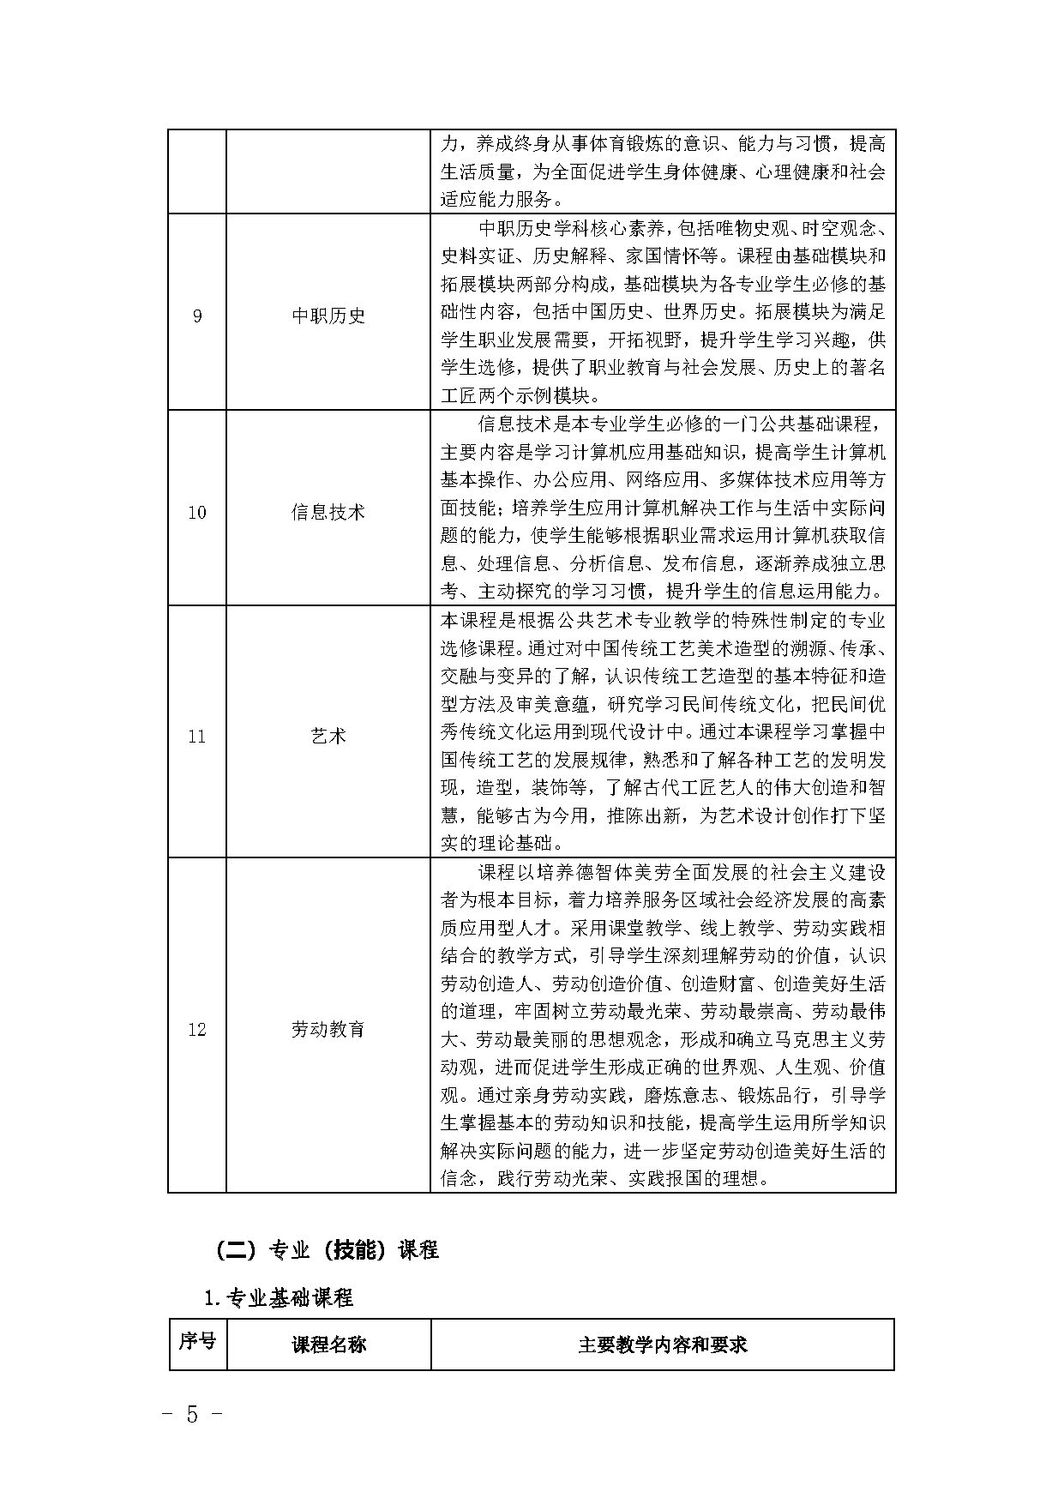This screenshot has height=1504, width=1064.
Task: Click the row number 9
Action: coord(197,316)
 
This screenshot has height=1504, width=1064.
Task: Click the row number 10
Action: coord(197,513)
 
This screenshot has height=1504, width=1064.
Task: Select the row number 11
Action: coord(197,737)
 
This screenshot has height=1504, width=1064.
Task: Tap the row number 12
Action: coord(197,1030)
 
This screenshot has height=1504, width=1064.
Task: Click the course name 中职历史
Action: coord(328,316)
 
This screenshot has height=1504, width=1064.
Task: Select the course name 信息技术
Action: coord(328,513)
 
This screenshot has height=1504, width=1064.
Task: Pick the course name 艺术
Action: coord(328,737)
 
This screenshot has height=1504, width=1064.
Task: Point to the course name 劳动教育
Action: coord(328,1030)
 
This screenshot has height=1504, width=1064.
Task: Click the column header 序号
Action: coord(197,1341)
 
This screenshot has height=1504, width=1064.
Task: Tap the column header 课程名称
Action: coord(328,1345)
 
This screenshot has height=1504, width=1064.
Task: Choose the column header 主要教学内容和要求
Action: coord(662,1345)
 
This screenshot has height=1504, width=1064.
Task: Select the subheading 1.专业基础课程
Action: coord(279,1298)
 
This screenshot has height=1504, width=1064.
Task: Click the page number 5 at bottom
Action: coord(192,1414)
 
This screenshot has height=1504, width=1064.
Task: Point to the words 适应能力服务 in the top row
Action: coord(496,200)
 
